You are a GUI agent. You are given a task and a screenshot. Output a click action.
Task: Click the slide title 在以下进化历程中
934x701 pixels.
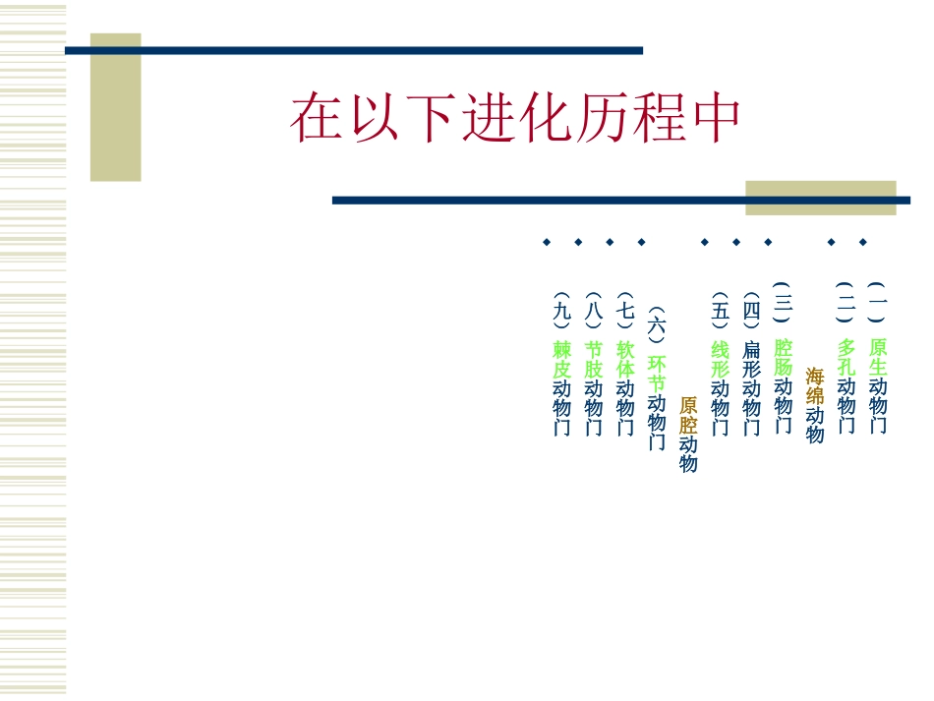coord(515,119)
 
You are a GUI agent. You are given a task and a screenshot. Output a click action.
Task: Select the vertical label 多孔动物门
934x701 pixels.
coord(846,385)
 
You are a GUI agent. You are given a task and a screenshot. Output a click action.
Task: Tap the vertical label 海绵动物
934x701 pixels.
coord(815,405)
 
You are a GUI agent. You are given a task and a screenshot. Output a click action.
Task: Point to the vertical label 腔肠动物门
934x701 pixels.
coord(784,385)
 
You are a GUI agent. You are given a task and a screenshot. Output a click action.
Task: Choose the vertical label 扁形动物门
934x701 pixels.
coord(752,387)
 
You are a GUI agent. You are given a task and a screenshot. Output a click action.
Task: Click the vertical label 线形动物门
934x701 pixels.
coord(721,387)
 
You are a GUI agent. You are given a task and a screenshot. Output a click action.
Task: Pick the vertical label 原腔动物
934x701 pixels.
coord(688,434)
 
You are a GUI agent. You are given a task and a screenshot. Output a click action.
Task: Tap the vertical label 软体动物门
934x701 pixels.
coord(625,387)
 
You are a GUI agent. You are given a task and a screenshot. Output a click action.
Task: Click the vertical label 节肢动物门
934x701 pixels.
coord(594,387)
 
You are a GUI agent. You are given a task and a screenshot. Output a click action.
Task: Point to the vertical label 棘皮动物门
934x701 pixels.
coord(562,387)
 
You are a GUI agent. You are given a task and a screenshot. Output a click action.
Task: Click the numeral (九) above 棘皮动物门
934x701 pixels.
coord(562,311)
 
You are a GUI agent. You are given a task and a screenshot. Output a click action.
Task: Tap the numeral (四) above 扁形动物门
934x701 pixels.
coord(752,311)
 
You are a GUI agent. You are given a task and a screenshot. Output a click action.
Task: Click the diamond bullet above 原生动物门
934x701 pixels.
coord(863,242)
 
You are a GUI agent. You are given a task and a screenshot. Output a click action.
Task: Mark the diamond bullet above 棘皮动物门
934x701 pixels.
coord(547,242)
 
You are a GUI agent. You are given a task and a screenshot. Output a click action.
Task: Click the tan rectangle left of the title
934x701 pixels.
coord(116,107)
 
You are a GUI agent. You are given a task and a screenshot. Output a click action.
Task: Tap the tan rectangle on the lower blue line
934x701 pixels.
coord(821,198)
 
